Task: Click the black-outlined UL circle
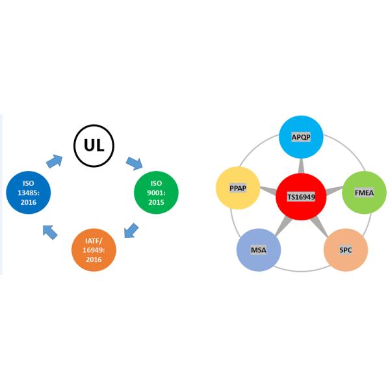94,146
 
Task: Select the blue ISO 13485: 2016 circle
28,193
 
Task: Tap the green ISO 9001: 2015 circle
156,193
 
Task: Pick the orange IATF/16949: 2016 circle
94,250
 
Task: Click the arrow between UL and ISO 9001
135,162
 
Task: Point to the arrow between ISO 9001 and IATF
131,229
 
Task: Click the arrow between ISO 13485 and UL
54,161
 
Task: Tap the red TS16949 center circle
301,196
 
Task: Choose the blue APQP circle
301,137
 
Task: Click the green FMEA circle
364,193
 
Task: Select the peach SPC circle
346,250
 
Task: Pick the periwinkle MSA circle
258,250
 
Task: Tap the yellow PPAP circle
237,188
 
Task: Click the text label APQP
301,138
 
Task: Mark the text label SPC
346,250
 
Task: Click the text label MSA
259,250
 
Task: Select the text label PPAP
237,188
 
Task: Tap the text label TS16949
301,196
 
